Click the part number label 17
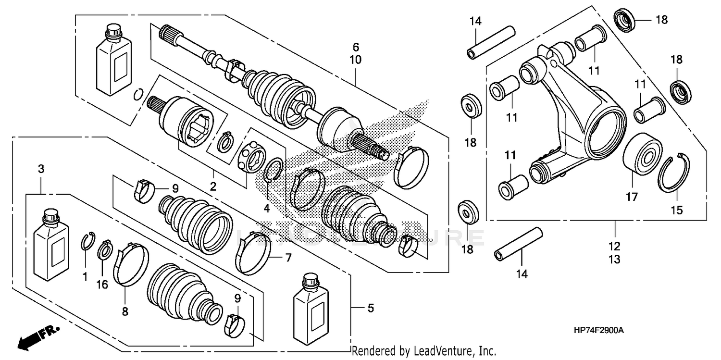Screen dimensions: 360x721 (631, 197)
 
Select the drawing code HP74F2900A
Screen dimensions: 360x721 (598, 331)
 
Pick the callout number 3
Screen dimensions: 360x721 (41, 169)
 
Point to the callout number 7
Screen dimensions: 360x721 (288, 258)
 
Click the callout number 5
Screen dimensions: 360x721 (370, 308)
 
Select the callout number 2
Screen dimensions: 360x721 (212, 186)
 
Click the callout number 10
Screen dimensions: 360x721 (356, 60)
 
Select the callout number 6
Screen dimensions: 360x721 (356, 47)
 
